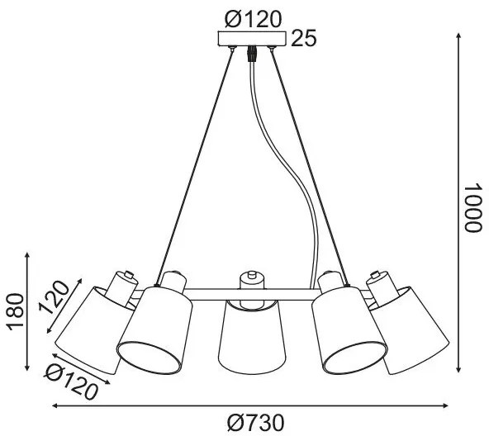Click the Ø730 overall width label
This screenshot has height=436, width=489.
pyautogui.click(x=255, y=424)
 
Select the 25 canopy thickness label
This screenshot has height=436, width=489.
pyautogui.click(x=304, y=38)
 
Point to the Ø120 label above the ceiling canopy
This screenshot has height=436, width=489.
pyautogui.click(x=254, y=19)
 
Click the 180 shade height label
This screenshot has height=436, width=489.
pyautogui.click(x=16, y=311)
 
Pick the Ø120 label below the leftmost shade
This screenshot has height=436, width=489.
pyautogui.click(x=71, y=382)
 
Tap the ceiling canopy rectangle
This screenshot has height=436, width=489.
pyautogui.click(x=252, y=38)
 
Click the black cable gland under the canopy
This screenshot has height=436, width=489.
pyautogui.click(x=252, y=54)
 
